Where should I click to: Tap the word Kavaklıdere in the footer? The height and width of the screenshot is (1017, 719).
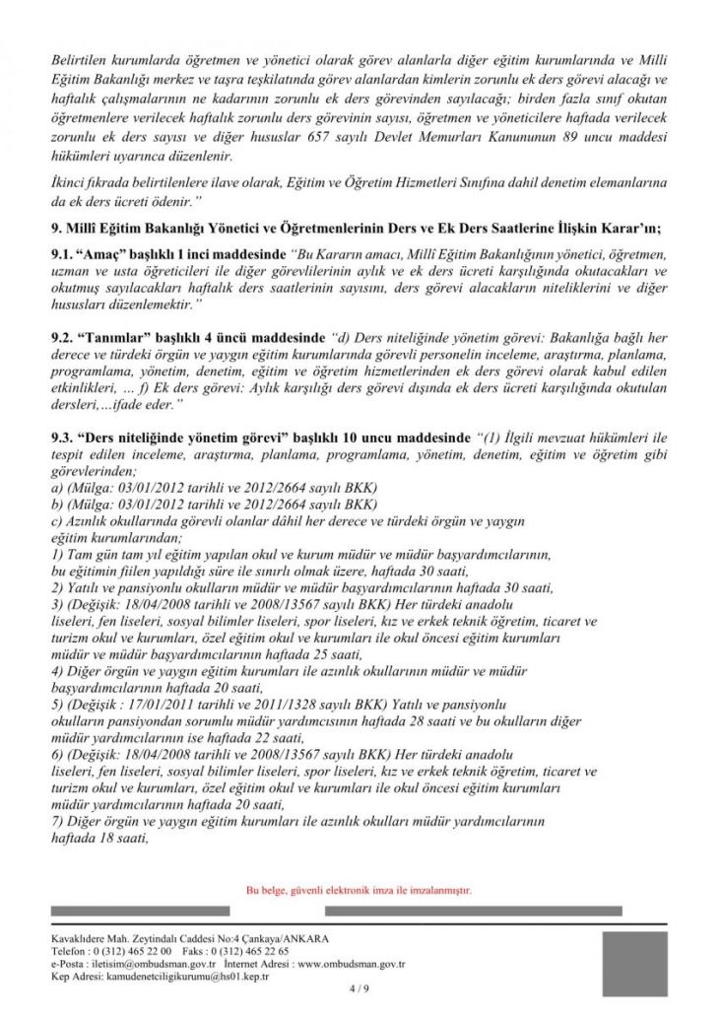83,939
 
